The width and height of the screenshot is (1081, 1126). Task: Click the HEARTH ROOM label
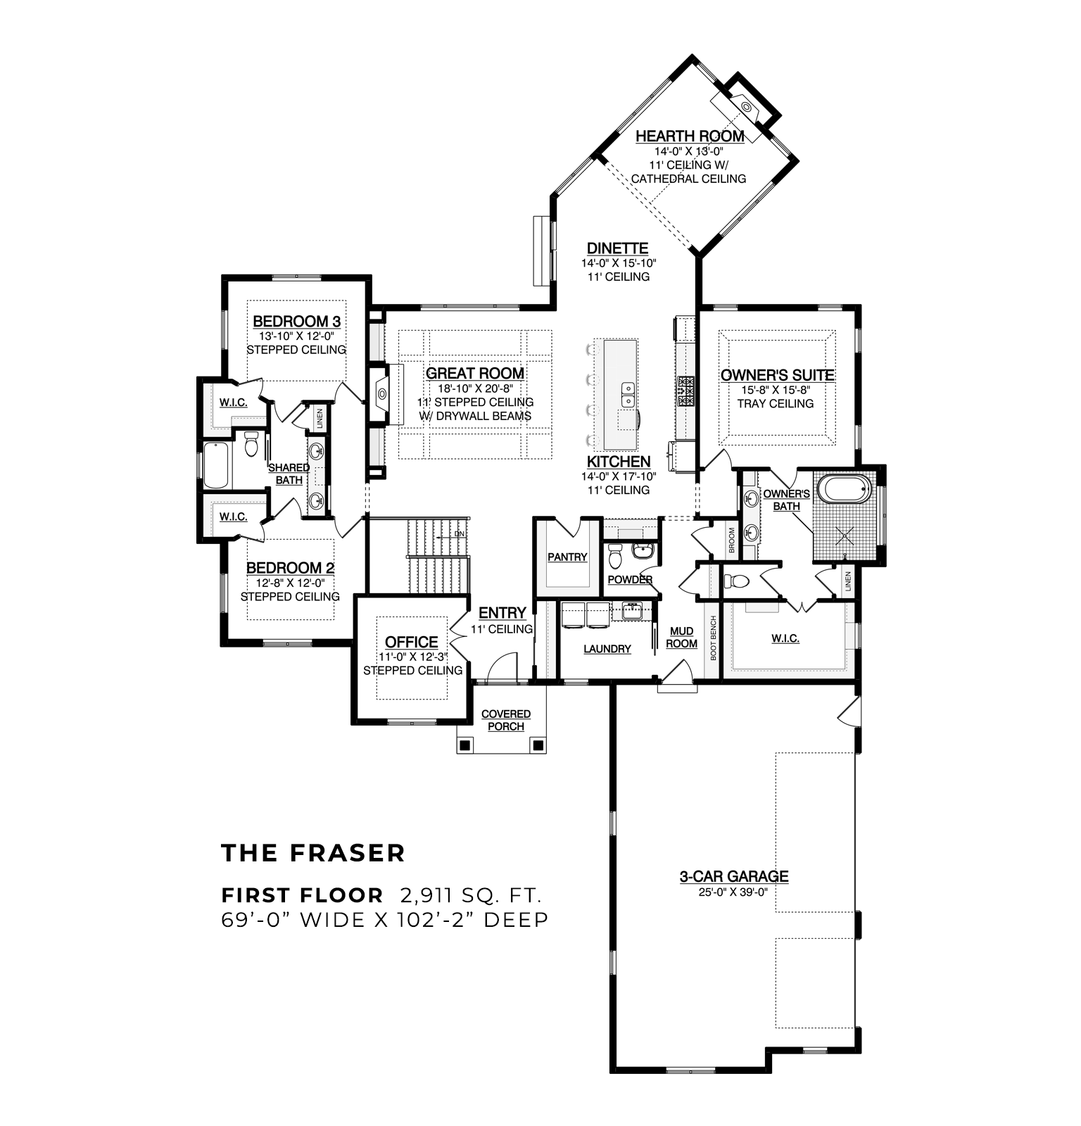[x=690, y=136]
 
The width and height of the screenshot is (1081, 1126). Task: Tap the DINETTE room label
[x=618, y=248]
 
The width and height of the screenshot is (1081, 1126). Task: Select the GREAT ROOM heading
[x=475, y=373]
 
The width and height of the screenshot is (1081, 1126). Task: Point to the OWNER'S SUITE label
[x=777, y=375]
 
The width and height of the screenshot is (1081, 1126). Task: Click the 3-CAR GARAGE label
[x=733, y=876]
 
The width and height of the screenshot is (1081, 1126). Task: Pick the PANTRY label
[x=567, y=557]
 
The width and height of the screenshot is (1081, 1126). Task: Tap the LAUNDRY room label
[x=607, y=649]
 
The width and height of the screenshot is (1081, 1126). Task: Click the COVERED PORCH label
[x=506, y=720]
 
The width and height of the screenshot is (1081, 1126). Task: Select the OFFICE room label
[x=412, y=642]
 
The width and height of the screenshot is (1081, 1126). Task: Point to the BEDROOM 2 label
[x=290, y=568]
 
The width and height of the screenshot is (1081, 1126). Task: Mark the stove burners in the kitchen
[x=686, y=391]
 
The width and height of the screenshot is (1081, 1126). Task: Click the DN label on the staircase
[x=460, y=533]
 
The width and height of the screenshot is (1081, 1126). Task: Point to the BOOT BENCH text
[x=713, y=638]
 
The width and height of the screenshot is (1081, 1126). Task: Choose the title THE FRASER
[x=313, y=853]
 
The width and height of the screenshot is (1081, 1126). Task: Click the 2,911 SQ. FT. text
[x=470, y=895]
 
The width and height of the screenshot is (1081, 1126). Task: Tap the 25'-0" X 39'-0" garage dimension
[x=733, y=892]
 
